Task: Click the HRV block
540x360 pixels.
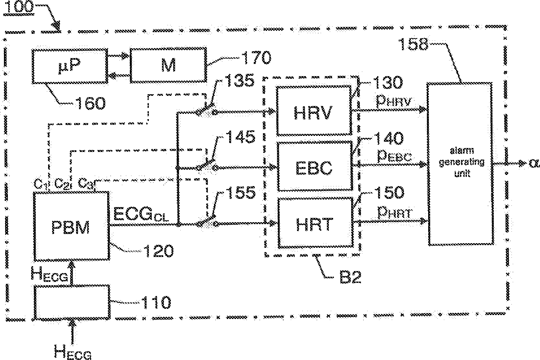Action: click(314, 111)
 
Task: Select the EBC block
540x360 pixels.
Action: click(315, 166)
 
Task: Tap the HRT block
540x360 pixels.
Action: click(315, 223)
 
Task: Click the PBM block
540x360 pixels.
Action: click(71, 226)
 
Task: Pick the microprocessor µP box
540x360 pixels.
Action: click(70, 66)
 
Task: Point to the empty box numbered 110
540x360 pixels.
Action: click(72, 302)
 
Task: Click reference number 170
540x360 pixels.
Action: click(256, 57)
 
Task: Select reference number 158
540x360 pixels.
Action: click(413, 44)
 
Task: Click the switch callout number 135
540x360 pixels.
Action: click(239, 80)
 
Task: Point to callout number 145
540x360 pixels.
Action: click(240, 137)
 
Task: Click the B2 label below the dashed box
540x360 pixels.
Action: click(350, 277)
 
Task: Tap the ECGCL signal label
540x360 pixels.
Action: click(141, 214)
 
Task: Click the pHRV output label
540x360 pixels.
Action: click(394, 101)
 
